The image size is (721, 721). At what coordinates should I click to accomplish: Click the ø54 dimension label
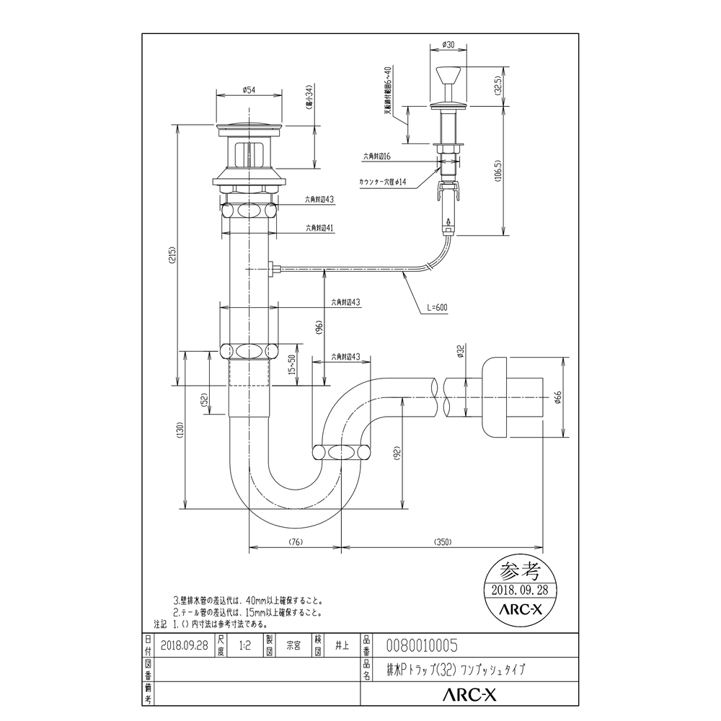pyautogui.click(x=247, y=90)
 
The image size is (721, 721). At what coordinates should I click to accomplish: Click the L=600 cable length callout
pyautogui.click(x=436, y=307)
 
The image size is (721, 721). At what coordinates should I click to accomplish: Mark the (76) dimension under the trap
pyautogui.click(x=294, y=541)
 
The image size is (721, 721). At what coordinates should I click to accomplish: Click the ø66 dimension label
pyautogui.click(x=557, y=398)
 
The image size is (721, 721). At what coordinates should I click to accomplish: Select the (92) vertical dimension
pyautogui.click(x=396, y=453)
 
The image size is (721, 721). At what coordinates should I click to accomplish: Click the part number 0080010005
pyautogui.click(x=423, y=645)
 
